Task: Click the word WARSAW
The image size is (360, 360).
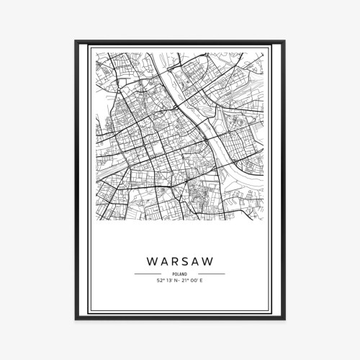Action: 179,257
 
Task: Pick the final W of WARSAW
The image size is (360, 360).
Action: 208,257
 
